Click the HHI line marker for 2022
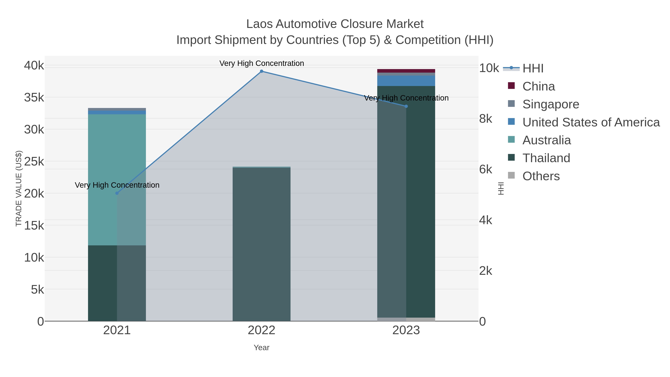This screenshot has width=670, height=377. (261, 71)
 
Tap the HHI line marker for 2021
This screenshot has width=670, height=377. (117, 193)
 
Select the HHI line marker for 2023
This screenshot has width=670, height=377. (406, 106)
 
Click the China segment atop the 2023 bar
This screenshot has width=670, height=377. (406, 71)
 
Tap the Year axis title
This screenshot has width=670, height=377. (261, 348)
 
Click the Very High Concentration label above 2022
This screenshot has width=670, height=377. (261, 63)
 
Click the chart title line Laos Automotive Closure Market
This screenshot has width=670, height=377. (335, 24)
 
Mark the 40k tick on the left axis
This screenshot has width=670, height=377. (34, 66)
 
